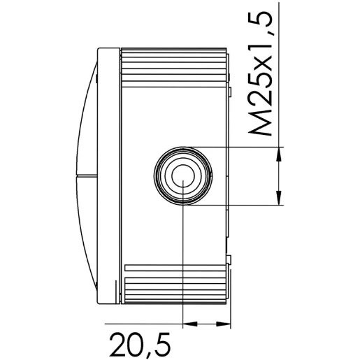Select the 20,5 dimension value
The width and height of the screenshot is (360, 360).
coord(140,345)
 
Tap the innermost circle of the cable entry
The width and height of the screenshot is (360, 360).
coord(183,175)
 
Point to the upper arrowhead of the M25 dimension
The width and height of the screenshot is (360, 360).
coord(280,152)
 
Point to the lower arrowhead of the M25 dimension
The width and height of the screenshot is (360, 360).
coord(280,199)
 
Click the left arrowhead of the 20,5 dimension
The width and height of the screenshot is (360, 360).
coord(187,324)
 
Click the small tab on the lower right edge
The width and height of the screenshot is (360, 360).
coord(229,261)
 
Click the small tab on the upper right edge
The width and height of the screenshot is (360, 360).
coord(229,91)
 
